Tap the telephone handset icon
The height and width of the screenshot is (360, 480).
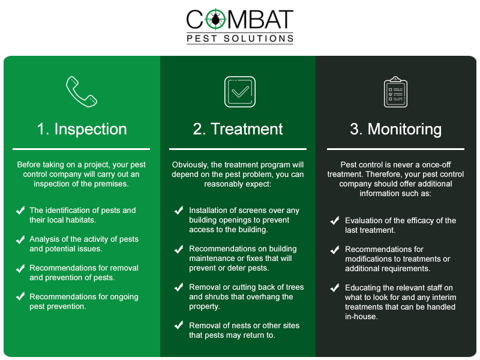tap(82, 91)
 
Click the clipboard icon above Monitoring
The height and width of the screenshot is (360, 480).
tap(395, 92)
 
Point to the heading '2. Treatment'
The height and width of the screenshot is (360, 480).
tap(238, 129)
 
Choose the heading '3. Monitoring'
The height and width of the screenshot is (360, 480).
tap(395, 129)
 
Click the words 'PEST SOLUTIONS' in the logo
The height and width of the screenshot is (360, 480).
tap(239, 38)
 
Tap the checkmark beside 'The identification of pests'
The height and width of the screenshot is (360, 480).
tap(20, 211)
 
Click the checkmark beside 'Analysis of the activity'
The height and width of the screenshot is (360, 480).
tap(20, 239)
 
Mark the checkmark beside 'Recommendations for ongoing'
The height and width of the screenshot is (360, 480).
tap(20, 296)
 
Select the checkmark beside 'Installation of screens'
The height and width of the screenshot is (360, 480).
tap(179, 211)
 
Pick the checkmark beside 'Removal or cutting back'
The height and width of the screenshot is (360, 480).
tap(179, 287)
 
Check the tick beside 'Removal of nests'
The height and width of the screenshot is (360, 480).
tap(179, 325)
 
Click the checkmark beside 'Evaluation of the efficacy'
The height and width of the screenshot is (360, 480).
tap(335, 221)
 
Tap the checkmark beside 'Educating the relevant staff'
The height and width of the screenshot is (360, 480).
tap(335, 287)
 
